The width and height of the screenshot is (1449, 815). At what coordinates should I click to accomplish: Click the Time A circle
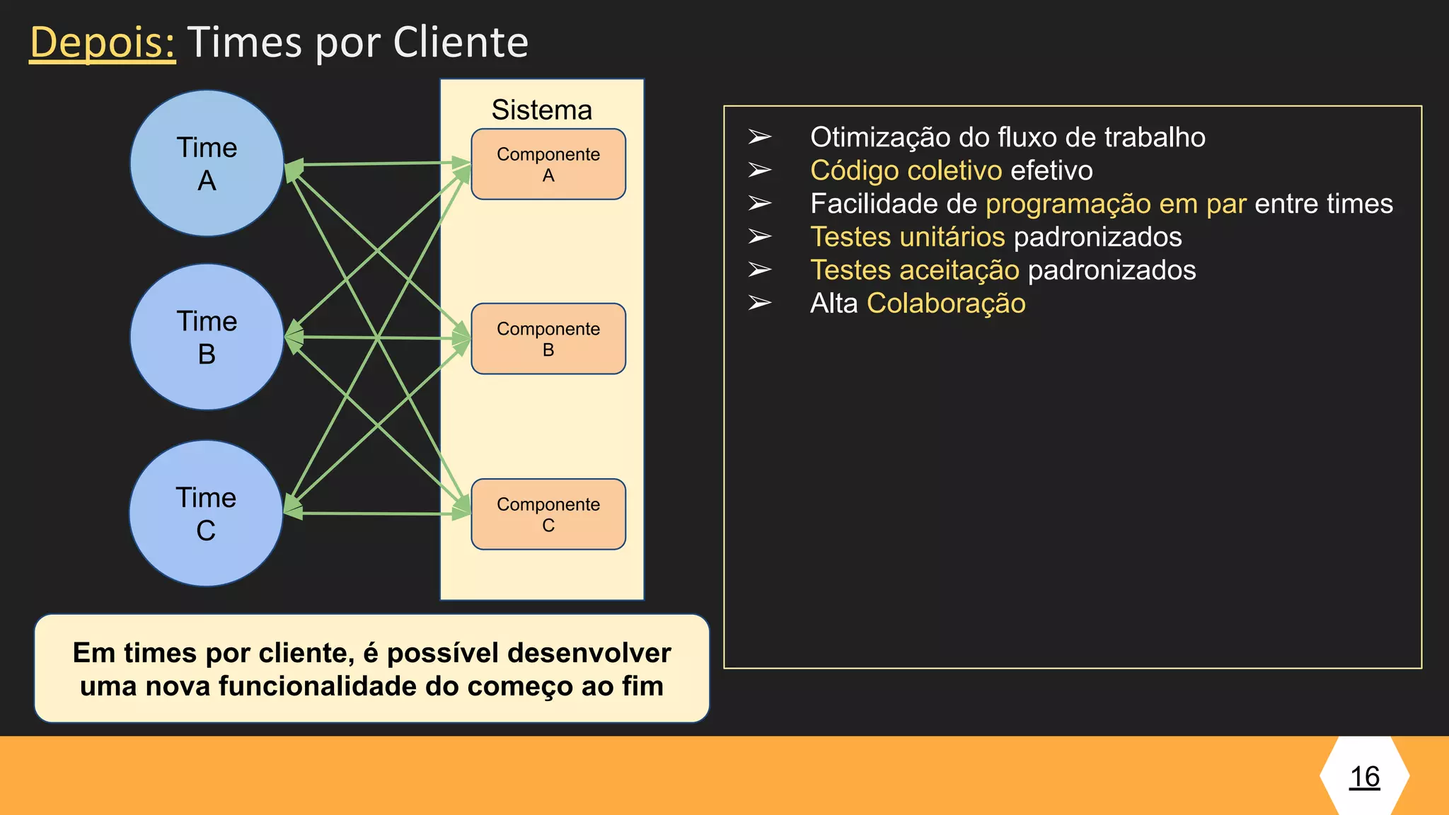coord(207,163)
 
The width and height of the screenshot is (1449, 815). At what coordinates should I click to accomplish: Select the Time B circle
coord(207,337)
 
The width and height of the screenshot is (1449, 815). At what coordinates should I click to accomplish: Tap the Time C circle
coord(206,514)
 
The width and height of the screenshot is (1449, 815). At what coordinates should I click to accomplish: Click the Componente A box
coord(548,164)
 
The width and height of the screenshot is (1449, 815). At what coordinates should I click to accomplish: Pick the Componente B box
coord(548,339)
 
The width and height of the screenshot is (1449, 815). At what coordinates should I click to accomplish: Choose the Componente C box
coord(548,514)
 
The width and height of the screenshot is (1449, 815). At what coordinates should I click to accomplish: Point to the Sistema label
coord(542,110)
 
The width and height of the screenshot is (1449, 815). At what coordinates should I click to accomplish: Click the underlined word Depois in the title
coord(102,42)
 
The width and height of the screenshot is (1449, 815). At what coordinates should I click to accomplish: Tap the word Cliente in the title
coord(461,42)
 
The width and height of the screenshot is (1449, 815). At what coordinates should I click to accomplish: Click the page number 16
coord(1365,777)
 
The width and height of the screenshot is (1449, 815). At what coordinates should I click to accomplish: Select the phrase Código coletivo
coord(906,170)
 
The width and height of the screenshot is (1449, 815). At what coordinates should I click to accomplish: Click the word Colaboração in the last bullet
coord(946,304)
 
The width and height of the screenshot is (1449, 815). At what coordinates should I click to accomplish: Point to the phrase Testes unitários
coord(907,237)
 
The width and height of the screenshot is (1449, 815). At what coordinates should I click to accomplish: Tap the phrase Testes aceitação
coord(914,270)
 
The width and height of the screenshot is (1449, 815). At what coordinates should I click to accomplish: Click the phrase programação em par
coord(1116,204)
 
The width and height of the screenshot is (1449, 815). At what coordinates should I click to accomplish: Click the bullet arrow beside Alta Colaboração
coord(760,304)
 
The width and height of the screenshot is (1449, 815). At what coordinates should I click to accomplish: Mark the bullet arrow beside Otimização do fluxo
coord(760,137)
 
